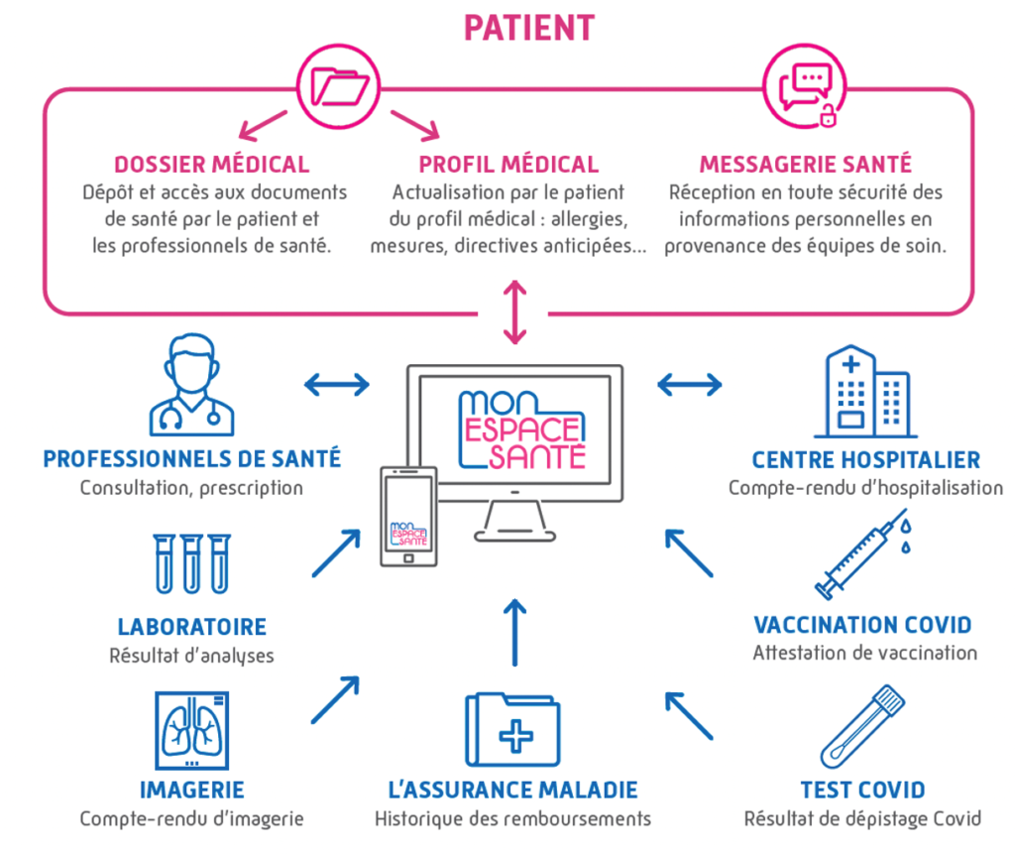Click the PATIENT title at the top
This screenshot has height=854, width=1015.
[529, 27]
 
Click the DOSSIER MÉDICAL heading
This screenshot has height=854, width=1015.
[211, 165]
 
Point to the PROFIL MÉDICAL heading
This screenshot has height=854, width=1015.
[508, 165]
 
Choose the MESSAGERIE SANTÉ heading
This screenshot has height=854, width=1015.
[805, 165]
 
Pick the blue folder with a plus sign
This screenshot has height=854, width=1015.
[512, 733]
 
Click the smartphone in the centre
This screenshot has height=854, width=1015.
[408, 517]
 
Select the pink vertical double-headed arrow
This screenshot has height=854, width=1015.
[513, 311]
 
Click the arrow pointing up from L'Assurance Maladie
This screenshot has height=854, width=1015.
[513, 632]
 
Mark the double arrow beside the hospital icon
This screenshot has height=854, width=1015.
[690, 383]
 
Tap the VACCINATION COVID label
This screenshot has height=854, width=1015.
[862, 625]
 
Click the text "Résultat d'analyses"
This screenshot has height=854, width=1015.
[191, 656]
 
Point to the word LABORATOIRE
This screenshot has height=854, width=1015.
[191, 627]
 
